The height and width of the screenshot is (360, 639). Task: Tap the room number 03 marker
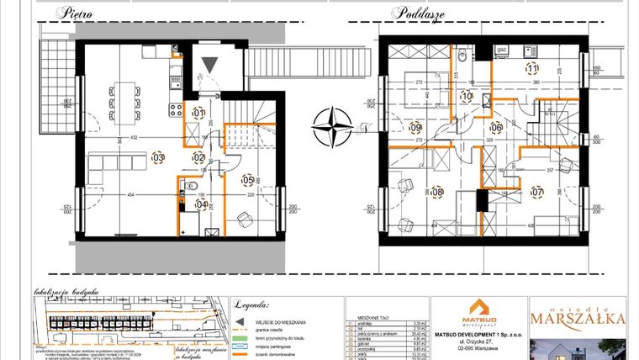coord(157,157)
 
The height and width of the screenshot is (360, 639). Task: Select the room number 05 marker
coord(247,179)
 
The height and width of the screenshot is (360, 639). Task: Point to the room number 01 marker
coord(198,113)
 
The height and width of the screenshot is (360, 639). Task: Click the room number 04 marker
coord(200,204)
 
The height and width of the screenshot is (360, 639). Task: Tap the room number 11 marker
coord(531,69)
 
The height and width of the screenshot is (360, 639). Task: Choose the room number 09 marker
coord(415,128)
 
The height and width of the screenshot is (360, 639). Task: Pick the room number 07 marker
coord(538,193)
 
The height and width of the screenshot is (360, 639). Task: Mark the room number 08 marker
coord(436,193)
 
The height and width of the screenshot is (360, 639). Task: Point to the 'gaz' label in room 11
coord(502,50)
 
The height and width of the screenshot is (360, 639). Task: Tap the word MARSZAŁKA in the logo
coord(577,318)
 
